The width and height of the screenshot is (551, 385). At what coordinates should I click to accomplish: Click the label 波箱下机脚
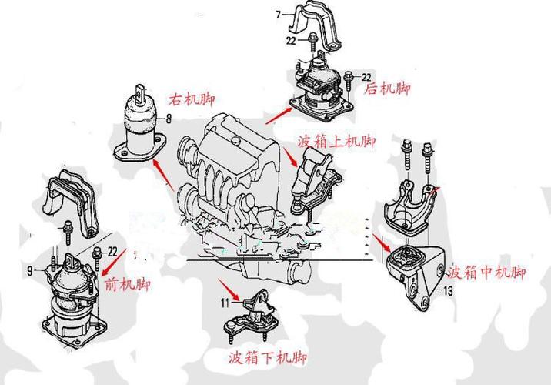(268, 358)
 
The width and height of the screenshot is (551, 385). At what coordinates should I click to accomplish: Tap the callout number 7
(279, 13)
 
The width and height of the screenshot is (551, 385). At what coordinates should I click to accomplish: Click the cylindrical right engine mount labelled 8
(140, 127)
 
